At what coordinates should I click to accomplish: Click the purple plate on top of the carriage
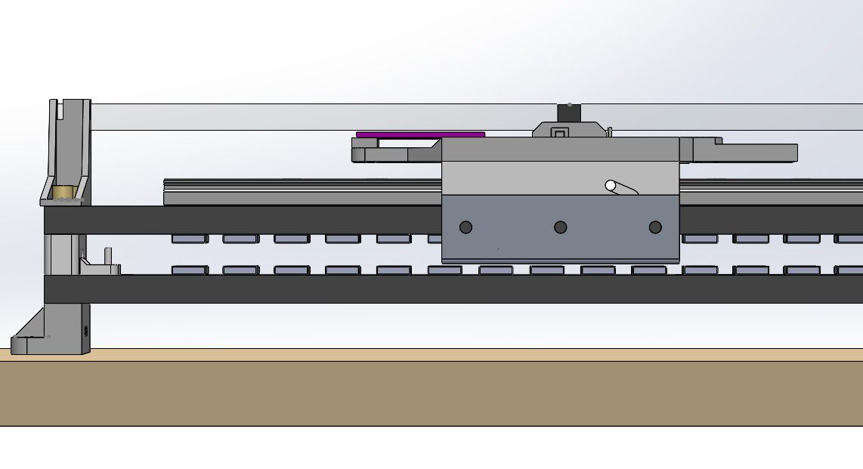pyautogui.click(x=420, y=134)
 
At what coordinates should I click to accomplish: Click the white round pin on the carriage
pyautogui.click(x=611, y=185)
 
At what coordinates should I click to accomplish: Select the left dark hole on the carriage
pyautogui.click(x=466, y=227)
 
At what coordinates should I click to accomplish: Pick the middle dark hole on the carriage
pyautogui.click(x=560, y=227)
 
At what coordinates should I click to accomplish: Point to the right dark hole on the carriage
pyautogui.click(x=655, y=227)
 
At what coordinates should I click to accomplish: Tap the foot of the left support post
pyautogui.click(x=30, y=344)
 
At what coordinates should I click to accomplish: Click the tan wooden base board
pyautogui.click(x=431, y=393)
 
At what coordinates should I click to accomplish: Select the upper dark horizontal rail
pyautogui.click(x=242, y=220)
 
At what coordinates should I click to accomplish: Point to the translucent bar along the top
pyautogui.click(x=302, y=117)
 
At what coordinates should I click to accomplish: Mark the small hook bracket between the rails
pyautogui.click(x=102, y=264)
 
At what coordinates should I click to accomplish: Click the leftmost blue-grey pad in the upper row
pyautogui.click(x=189, y=239)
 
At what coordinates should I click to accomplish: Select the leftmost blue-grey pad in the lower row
pyautogui.click(x=189, y=270)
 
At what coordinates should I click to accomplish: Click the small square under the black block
pyautogui.click(x=560, y=133)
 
